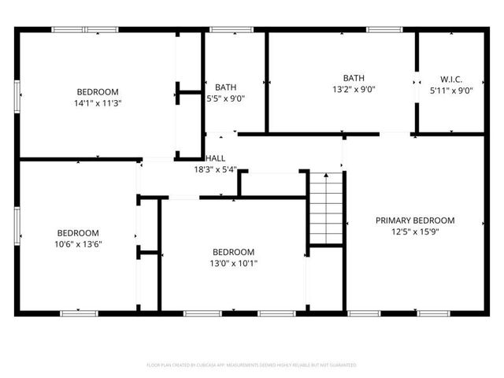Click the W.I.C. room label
[451, 79]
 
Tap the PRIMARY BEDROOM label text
[415, 220]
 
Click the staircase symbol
[326, 208]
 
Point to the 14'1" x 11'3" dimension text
[98, 102]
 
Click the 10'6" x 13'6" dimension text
[78, 244]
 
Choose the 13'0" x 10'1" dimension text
[233, 264]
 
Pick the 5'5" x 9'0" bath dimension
[225, 98]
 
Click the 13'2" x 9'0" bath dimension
[354, 89]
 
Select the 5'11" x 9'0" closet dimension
[451, 91]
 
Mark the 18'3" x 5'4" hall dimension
[215, 169]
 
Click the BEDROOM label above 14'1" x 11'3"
[98, 91]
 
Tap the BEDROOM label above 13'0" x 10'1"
[233, 252]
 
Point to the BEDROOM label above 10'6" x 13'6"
[78, 232]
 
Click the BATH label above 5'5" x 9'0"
[225, 87]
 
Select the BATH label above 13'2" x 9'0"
[354, 77]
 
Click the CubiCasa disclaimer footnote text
[252, 365]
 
